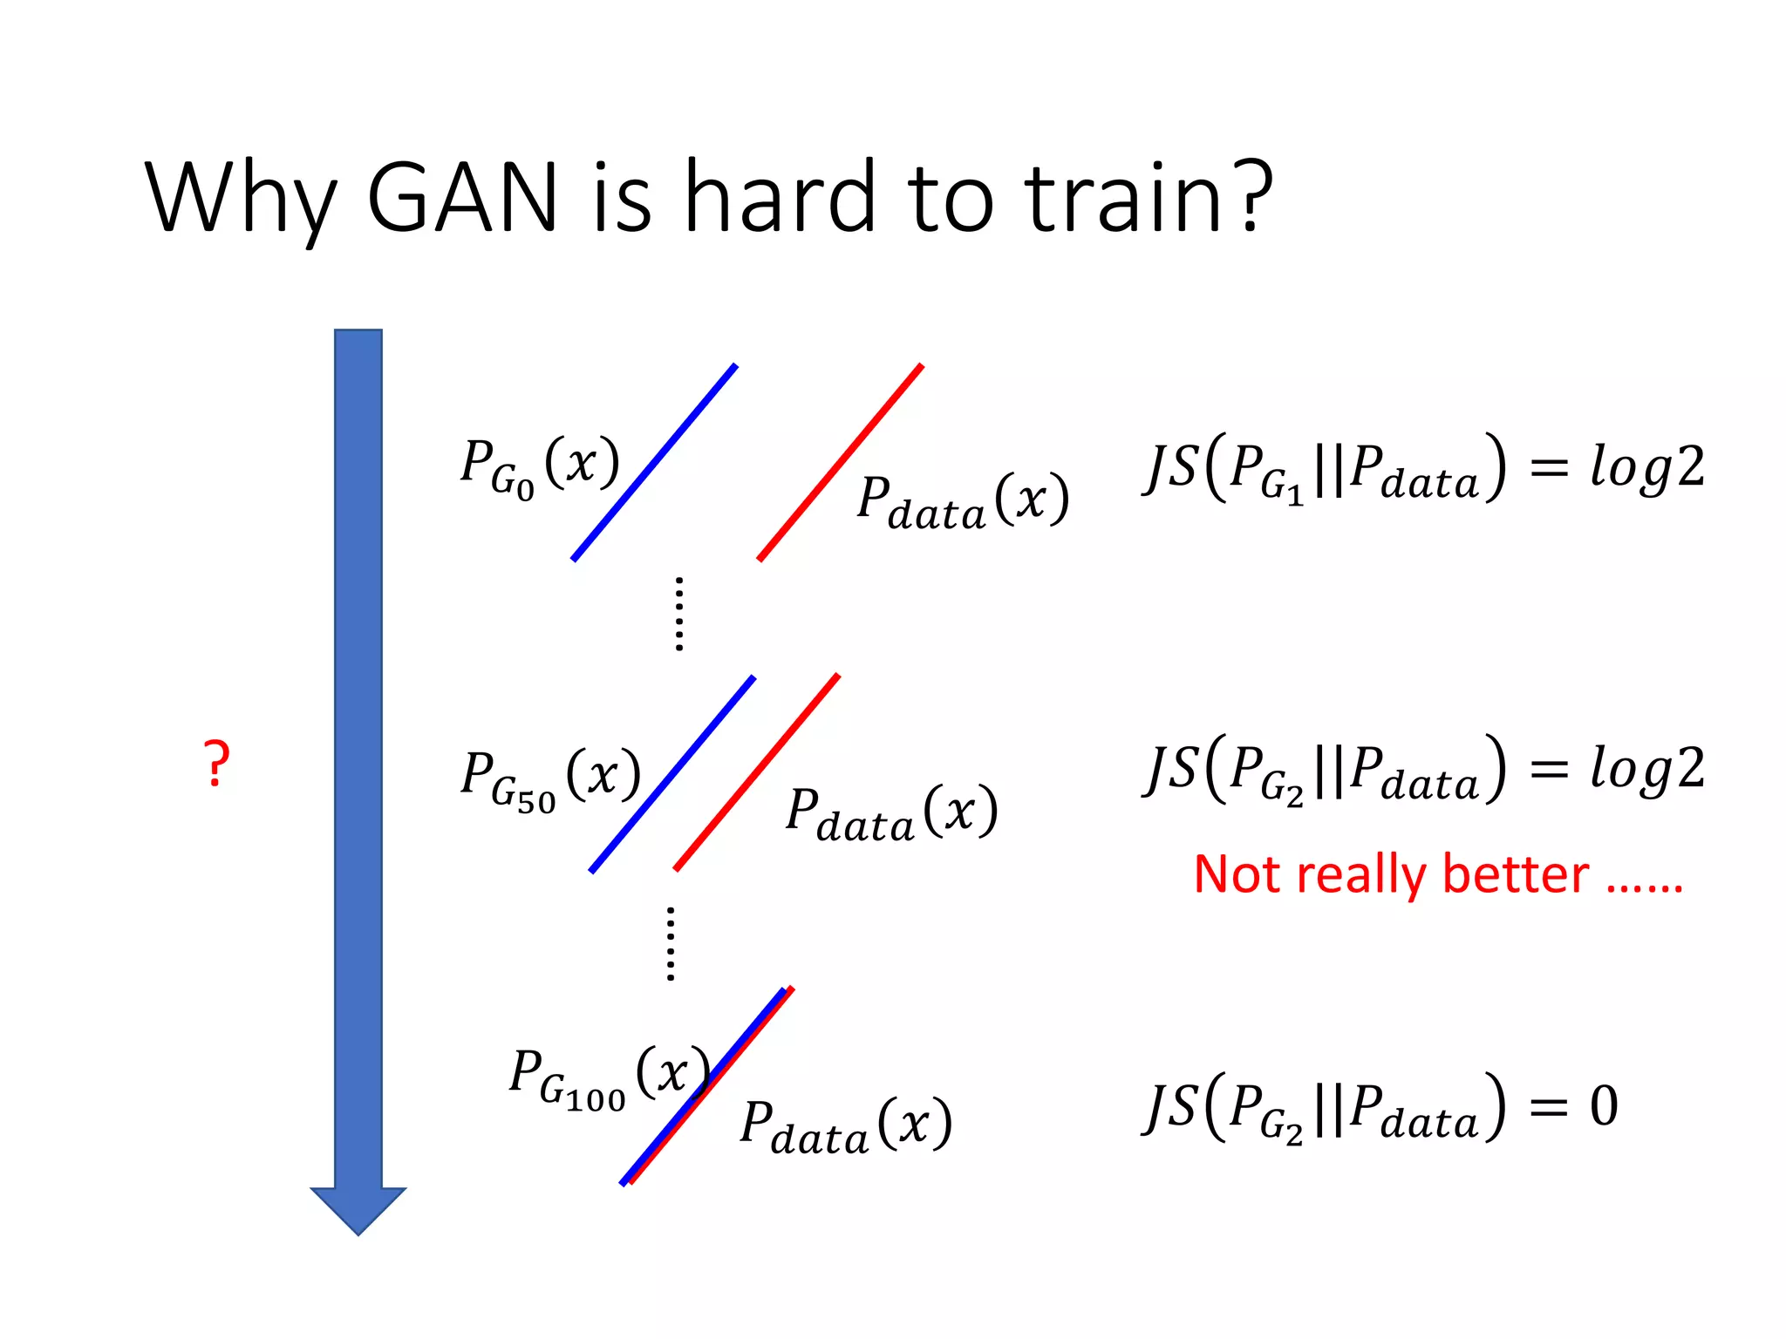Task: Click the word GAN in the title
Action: (462, 198)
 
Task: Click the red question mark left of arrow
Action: (216, 765)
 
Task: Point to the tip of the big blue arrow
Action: (358, 1231)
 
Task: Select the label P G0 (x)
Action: (539, 466)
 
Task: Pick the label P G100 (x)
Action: (609, 1076)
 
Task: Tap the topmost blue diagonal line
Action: (655, 463)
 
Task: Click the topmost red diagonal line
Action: (841, 463)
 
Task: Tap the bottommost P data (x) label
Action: (846, 1127)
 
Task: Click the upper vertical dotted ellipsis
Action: (679, 614)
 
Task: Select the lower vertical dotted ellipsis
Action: (670, 944)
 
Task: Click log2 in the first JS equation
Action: (1646, 468)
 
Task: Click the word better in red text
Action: (1516, 874)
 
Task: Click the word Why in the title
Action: (241, 198)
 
